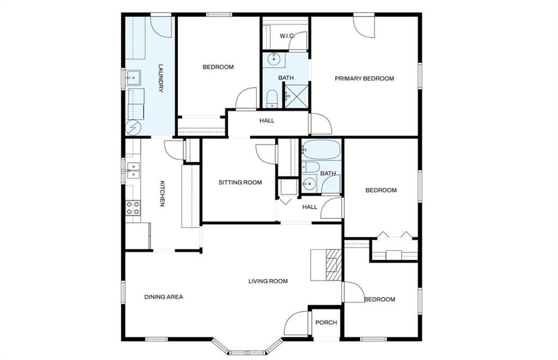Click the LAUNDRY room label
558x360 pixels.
[x=161, y=78]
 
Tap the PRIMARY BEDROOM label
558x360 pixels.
[x=365, y=78]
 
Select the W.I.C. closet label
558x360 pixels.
[x=287, y=36]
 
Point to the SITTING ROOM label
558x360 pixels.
[x=240, y=182]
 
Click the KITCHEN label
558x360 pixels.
[x=162, y=194]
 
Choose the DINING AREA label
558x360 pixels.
[x=163, y=297]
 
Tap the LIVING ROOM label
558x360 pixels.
[x=268, y=281]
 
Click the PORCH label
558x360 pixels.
[x=326, y=322]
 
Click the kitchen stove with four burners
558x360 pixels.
[x=133, y=208]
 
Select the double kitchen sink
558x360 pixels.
[x=133, y=170]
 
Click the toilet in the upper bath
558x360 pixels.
[x=272, y=98]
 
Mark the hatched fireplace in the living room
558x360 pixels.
[x=334, y=265]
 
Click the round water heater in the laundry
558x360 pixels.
[x=133, y=127]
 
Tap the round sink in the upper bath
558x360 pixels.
[x=274, y=59]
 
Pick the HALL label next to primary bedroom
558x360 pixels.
[x=267, y=120]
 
